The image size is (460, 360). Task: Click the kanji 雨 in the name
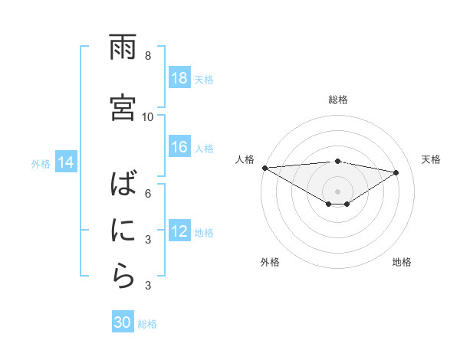click(123, 47)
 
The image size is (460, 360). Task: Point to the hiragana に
click(123, 231)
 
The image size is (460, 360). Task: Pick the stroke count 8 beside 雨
click(148, 56)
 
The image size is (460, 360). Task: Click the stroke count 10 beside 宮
click(148, 117)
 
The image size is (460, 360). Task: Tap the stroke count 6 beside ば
click(148, 193)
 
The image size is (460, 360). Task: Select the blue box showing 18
click(179, 78)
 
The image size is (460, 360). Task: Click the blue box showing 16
click(179, 147)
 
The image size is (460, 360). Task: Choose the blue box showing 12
click(179, 231)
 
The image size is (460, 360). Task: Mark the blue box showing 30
click(123, 323)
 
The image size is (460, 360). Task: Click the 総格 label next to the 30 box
click(147, 324)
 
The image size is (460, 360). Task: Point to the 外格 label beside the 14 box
click(41, 163)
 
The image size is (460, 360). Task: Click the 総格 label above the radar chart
click(338, 100)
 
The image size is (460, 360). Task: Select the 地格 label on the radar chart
click(402, 262)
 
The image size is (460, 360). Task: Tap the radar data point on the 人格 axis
click(264, 167)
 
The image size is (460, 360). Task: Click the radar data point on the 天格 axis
click(396, 172)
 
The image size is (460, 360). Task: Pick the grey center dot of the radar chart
click(338, 191)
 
